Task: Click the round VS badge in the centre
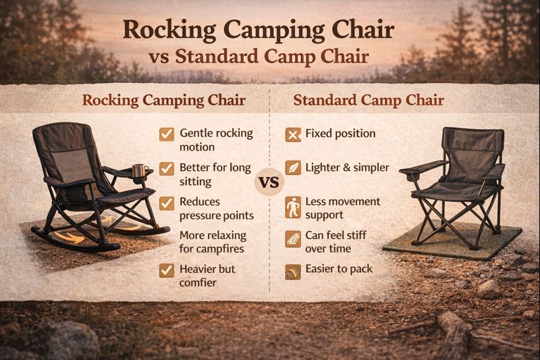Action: (269, 184)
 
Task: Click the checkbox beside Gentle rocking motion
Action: (166, 134)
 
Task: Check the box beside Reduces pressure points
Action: (166, 203)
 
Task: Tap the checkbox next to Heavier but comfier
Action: (166, 270)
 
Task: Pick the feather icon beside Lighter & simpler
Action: (293, 168)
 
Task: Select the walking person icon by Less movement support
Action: (293, 208)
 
